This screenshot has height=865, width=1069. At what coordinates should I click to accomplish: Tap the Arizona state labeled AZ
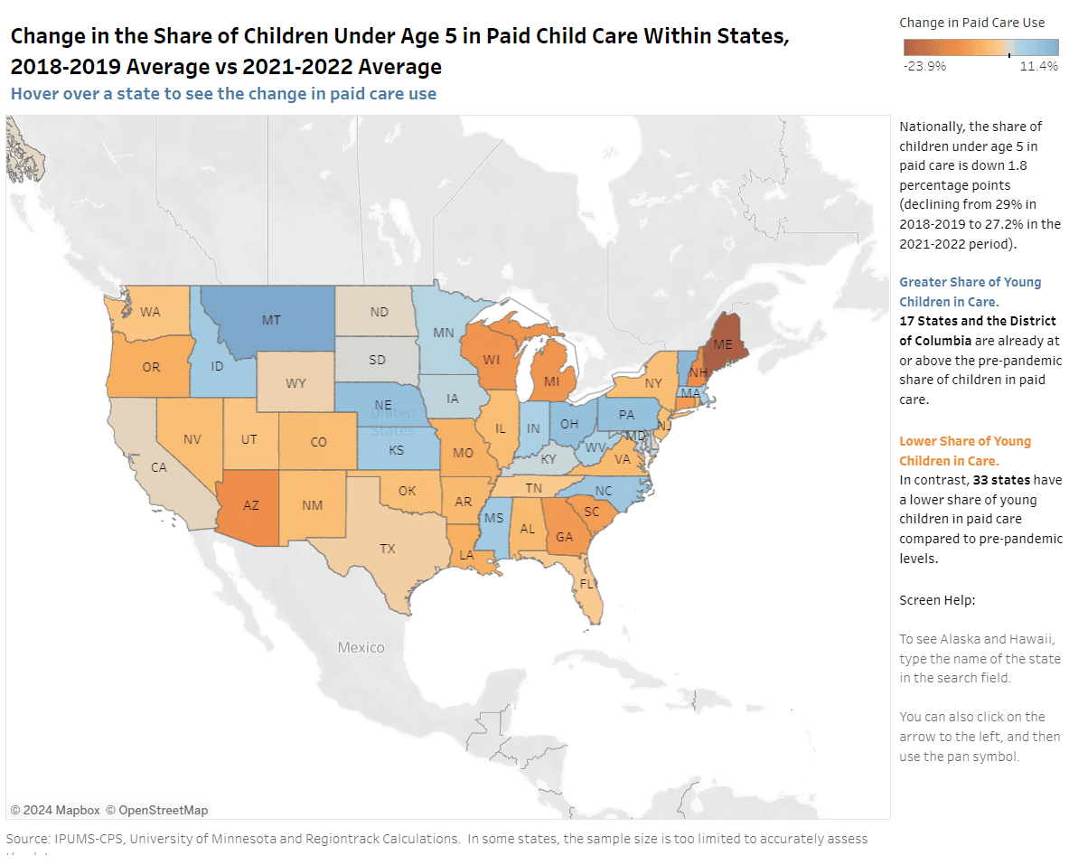click(x=250, y=505)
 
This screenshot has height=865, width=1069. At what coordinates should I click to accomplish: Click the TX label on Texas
click(x=387, y=549)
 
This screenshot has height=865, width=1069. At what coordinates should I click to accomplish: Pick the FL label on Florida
click(x=586, y=584)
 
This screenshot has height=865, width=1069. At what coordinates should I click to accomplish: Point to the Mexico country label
click(x=361, y=647)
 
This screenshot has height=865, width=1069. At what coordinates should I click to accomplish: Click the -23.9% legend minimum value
click(x=924, y=66)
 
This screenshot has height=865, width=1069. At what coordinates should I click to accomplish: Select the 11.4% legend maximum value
click(x=1038, y=66)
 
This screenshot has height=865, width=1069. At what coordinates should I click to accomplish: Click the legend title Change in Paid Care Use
click(x=972, y=23)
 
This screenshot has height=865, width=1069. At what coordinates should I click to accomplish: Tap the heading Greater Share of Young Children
click(x=970, y=292)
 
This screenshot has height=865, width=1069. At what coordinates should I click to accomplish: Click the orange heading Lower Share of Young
click(x=964, y=451)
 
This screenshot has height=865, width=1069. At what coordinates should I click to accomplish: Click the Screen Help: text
click(x=937, y=600)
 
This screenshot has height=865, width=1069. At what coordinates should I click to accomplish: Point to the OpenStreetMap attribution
click(x=156, y=810)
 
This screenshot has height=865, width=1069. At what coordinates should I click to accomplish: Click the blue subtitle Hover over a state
click(x=223, y=94)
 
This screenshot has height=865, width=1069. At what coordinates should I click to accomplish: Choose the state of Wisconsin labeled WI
click(x=491, y=359)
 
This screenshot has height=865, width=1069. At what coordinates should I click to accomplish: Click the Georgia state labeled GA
click(x=564, y=536)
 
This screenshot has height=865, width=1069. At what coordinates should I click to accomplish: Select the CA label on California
click(x=158, y=467)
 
